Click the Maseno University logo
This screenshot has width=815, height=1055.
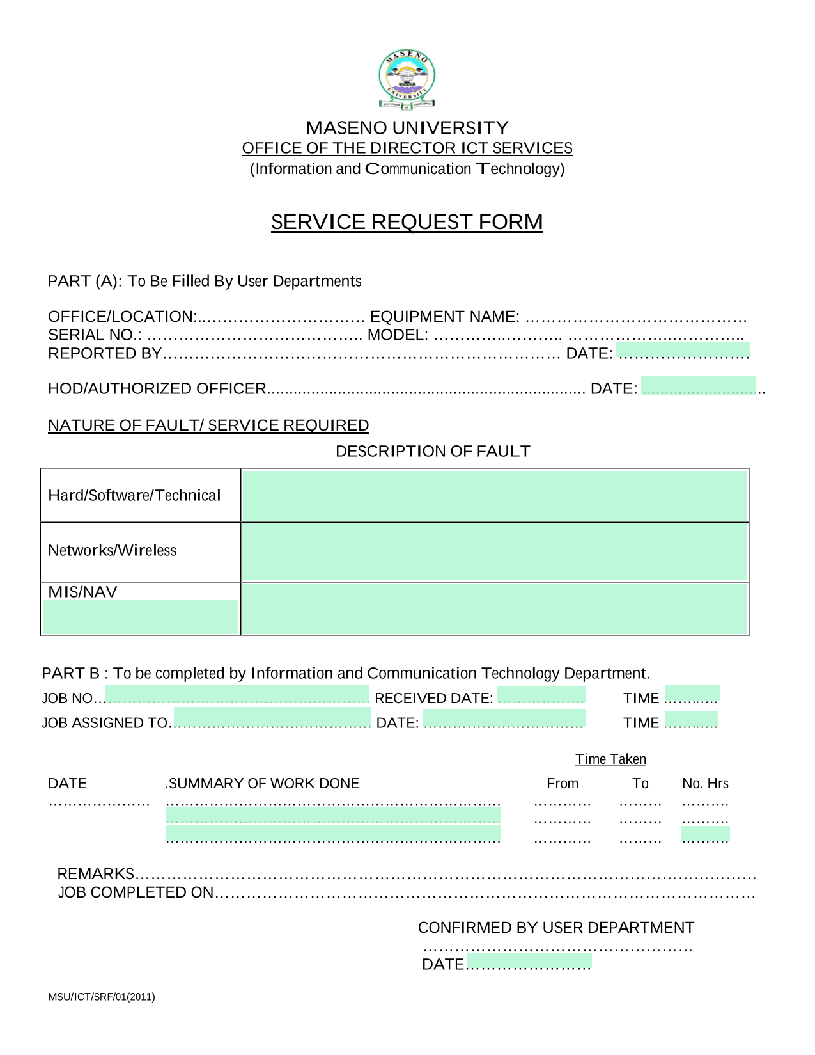click(407, 79)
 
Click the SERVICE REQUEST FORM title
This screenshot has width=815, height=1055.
click(407, 222)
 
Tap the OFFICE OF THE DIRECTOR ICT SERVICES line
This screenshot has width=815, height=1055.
click(407, 148)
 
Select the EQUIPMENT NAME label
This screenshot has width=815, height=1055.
click(444, 317)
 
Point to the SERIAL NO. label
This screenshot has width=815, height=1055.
click(95, 335)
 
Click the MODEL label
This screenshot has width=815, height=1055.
click(397, 335)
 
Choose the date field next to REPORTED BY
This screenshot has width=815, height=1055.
click(683, 351)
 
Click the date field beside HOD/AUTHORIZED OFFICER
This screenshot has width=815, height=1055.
click(698, 386)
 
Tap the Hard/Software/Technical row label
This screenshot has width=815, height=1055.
click(134, 496)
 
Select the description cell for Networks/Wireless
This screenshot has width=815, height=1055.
click(495, 552)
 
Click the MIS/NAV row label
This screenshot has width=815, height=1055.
click(83, 592)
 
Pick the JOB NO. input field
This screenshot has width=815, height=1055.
click(237, 695)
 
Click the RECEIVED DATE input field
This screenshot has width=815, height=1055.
click(541, 695)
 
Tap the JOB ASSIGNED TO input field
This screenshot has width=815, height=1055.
click(272, 718)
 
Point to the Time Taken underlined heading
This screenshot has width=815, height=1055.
click(610, 759)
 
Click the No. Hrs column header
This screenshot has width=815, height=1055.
click(705, 784)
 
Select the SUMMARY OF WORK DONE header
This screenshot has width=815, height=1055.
click(263, 784)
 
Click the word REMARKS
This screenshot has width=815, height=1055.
click(96, 874)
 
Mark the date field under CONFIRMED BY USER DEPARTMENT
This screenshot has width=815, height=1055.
click(529, 962)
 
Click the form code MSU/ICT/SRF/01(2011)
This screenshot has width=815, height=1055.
click(102, 997)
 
